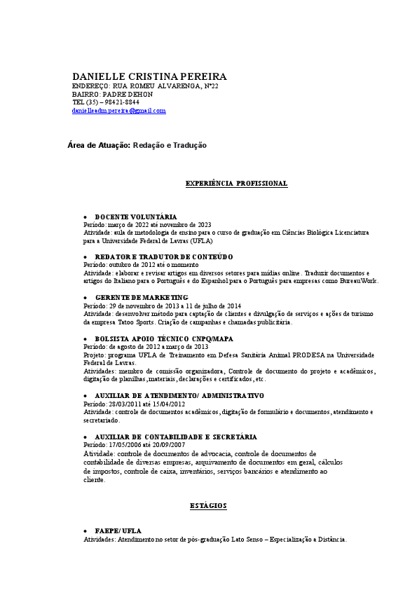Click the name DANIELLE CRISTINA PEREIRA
coord(149,76)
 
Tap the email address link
coord(118,111)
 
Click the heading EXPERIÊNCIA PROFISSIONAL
coord(236,183)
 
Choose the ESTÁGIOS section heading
coord(208,505)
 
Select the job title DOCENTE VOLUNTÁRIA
coord(135,217)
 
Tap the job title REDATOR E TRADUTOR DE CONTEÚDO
coord(163,257)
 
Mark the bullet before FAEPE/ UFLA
coord(85,532)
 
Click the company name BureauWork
coord(359,281)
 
